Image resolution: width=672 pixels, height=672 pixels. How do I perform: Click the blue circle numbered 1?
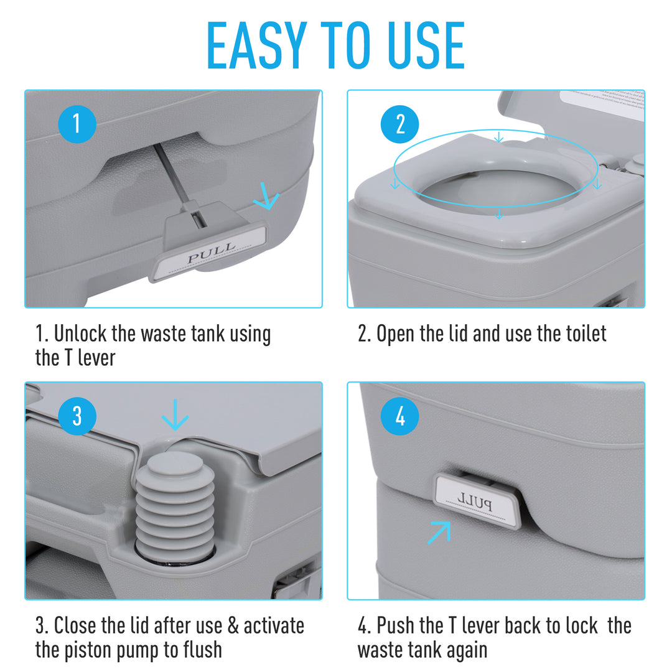tap(77, 124)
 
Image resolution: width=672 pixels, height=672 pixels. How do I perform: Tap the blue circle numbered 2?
tap(400, 124)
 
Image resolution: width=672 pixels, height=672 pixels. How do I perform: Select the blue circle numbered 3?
tap(77, 416)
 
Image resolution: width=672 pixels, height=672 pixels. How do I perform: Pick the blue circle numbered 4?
tap(400, 416)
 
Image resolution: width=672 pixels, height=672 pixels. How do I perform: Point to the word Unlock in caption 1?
tap(80, 334)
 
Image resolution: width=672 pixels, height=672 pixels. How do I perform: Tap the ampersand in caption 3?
tap(233, 625)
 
